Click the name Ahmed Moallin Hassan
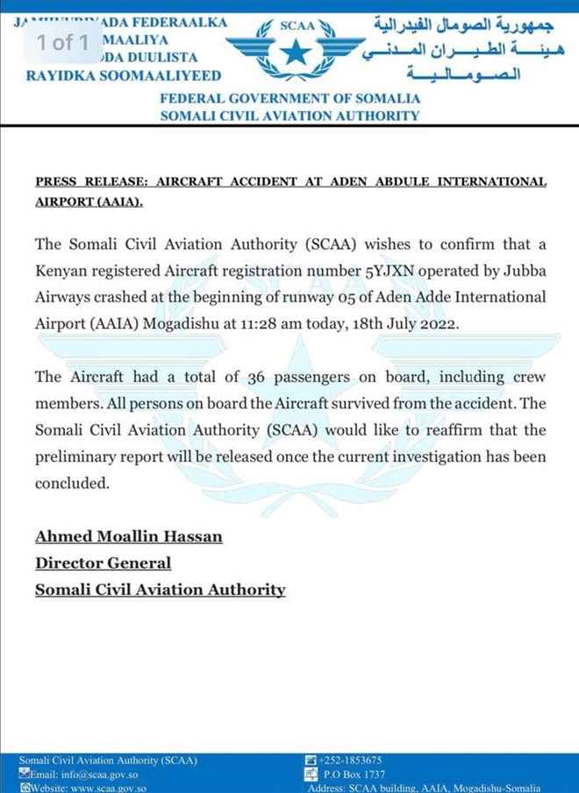(128, 535)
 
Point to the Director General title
(103, 563)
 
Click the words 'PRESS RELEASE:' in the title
(89, 182)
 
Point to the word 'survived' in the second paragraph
(361, 404)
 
